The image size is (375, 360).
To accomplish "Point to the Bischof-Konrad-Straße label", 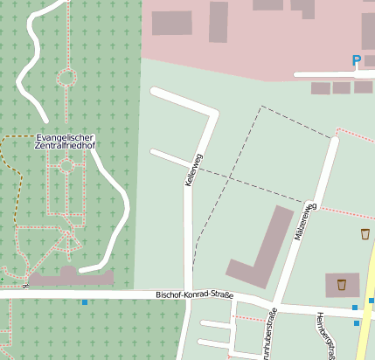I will pyautogui.click(x=195, y=294).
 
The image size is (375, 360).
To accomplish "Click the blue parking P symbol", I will pyautogui.click(x=356, y=60).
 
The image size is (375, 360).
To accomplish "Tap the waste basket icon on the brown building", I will pyautogui.click(x=342, y=284).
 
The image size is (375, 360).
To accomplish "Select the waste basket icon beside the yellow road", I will pyautogui.click(x=365, y=233).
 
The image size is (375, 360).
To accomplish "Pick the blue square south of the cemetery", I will pyautogui.click(x=84, y=302).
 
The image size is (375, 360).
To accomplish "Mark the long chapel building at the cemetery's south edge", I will pyautogui.click(x=70, y=277).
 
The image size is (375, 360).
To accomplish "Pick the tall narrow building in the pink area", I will pyautogui.click(x=218, y=22).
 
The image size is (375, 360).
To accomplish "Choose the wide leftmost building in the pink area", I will pyautogui.click(x=171, y=23).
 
